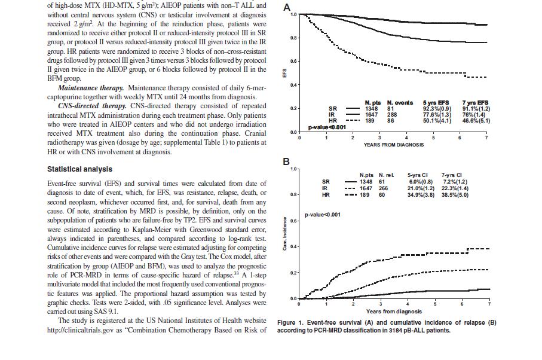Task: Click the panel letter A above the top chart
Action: (x=287, y=7)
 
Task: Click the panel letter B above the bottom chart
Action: (x=286, y=161)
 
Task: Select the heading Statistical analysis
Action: (x=80, y=169)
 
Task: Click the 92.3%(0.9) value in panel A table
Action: (x=437, y=109)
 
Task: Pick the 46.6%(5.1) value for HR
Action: (x=476, y=121)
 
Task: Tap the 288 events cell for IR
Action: (x=392, y=115)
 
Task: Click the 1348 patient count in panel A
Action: (x=372, y=109)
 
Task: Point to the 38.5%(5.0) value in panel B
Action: (x=455, y=195)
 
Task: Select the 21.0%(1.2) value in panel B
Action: (x=421, y=188)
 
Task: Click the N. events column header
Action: (x=400, y=103)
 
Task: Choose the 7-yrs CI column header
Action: (x=451, y=175)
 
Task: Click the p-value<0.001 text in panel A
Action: (x=327, y=127)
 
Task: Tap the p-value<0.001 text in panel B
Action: (x=323, y=215)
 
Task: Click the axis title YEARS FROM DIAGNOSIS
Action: (x=393, y=145)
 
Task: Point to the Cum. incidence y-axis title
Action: (x=285, y=234)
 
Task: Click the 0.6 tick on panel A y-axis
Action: (x=293, y=62)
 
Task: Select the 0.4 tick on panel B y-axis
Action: (x=293, y=247)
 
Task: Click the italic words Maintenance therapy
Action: (x=91, y=88)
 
